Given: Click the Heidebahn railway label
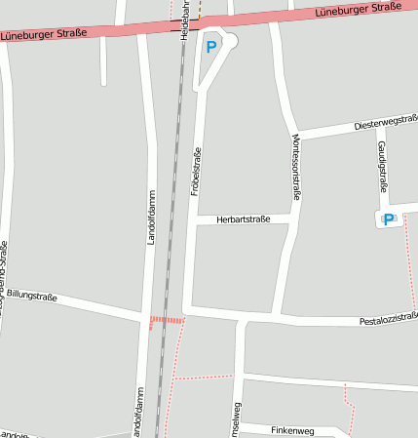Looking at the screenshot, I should (x=184, y=20).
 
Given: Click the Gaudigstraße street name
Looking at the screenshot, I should (x=383, y=166).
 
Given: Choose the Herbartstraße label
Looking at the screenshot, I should (x=244, y=219).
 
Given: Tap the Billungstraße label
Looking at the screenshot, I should (x=33, y=296).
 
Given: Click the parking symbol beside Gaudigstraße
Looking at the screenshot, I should (x=389, y=220).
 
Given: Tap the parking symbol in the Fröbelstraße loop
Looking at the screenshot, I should (x=211, y=45).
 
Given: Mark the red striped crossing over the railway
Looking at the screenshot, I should (x=167, y=320).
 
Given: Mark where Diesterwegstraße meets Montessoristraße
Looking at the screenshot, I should (x=293, y=135).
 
